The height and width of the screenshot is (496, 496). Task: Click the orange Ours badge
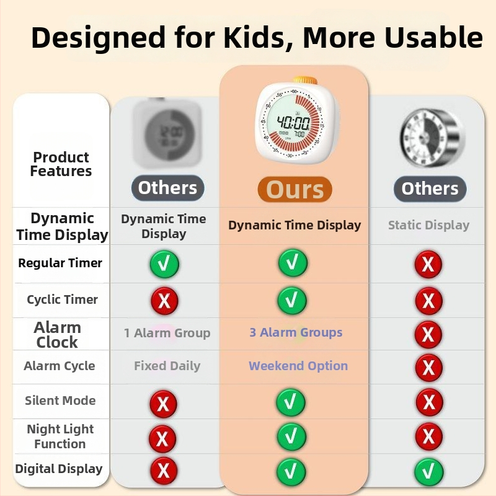[295, 189]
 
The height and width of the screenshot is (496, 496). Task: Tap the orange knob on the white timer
[304, 81]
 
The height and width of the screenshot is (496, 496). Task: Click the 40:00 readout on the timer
[293, 122]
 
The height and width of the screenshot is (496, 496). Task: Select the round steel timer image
[431, 137]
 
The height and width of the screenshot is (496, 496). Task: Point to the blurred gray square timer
[167, 133]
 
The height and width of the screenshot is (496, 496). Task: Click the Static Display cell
[428, 225]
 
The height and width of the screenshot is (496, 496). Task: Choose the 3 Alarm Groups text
[296, 332]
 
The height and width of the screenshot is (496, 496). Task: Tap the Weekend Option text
[298, 366]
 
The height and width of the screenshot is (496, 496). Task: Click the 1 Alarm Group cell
[167, 333]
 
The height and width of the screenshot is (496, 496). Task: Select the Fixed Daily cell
[167, 366]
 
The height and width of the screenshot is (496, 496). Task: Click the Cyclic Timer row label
[63, 299]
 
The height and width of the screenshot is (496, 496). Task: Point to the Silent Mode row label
[60, 401]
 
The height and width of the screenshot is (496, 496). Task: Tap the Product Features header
[61, 164]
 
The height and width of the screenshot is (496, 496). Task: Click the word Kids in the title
[255, 37]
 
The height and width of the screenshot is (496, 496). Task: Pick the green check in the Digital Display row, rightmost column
[429, 472]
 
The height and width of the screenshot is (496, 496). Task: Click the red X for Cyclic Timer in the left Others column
[164, 301]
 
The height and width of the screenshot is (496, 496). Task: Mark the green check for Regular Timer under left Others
[164, 264]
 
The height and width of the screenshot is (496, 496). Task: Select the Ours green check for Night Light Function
[291, 436]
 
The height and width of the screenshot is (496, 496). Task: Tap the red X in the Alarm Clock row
[428, 334]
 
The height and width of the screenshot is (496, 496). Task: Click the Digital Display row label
[59, 469]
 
